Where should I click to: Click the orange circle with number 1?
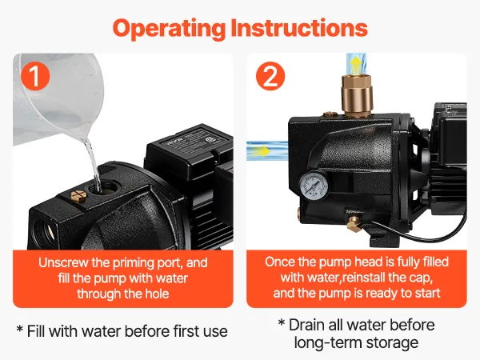pos(35,76)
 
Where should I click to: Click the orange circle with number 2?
pos(270,76)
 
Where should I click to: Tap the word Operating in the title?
pos(169,29)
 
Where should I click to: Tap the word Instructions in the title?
pos(299,28)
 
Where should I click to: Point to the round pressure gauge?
pos(314,186)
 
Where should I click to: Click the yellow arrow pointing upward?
pos(356,64)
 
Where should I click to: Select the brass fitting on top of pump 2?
pos(357,95)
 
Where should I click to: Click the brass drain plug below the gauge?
pos(354,223)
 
